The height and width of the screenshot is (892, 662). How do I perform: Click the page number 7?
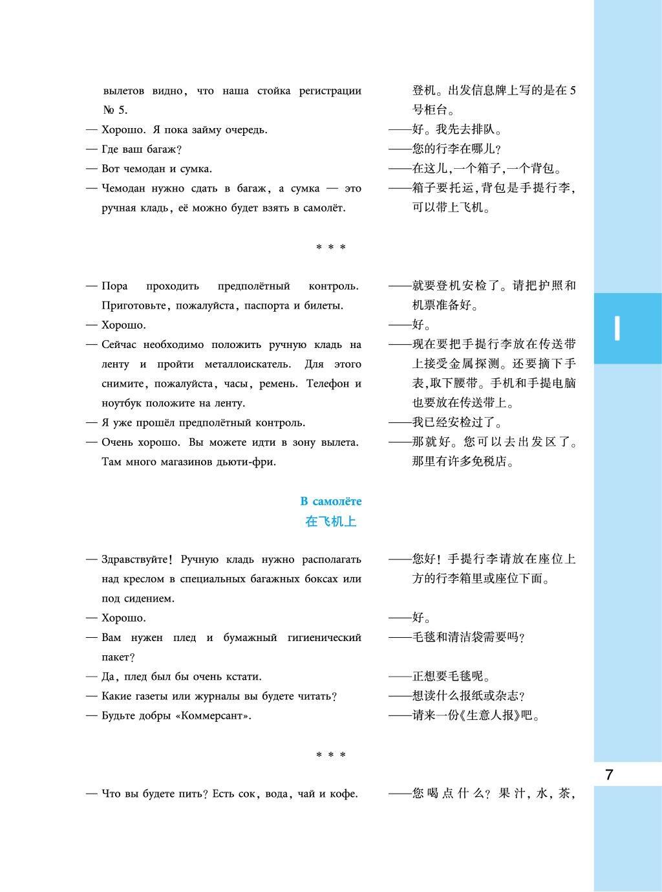click(609, 775)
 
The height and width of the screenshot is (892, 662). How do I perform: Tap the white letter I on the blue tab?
click(617, 329)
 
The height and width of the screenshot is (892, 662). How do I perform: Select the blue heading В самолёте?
click(331, 501)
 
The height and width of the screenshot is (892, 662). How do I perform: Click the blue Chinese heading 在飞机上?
click(331, 521)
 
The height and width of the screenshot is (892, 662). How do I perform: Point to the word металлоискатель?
click(244, 364)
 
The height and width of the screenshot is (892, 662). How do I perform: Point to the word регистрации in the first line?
click(330, 91)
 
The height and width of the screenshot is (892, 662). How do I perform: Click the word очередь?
click(245, 130)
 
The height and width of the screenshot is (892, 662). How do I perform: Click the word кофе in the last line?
click(343, 794)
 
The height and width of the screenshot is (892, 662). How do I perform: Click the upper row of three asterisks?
click(331, 247)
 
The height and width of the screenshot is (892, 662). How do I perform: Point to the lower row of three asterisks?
click(331, 755)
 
